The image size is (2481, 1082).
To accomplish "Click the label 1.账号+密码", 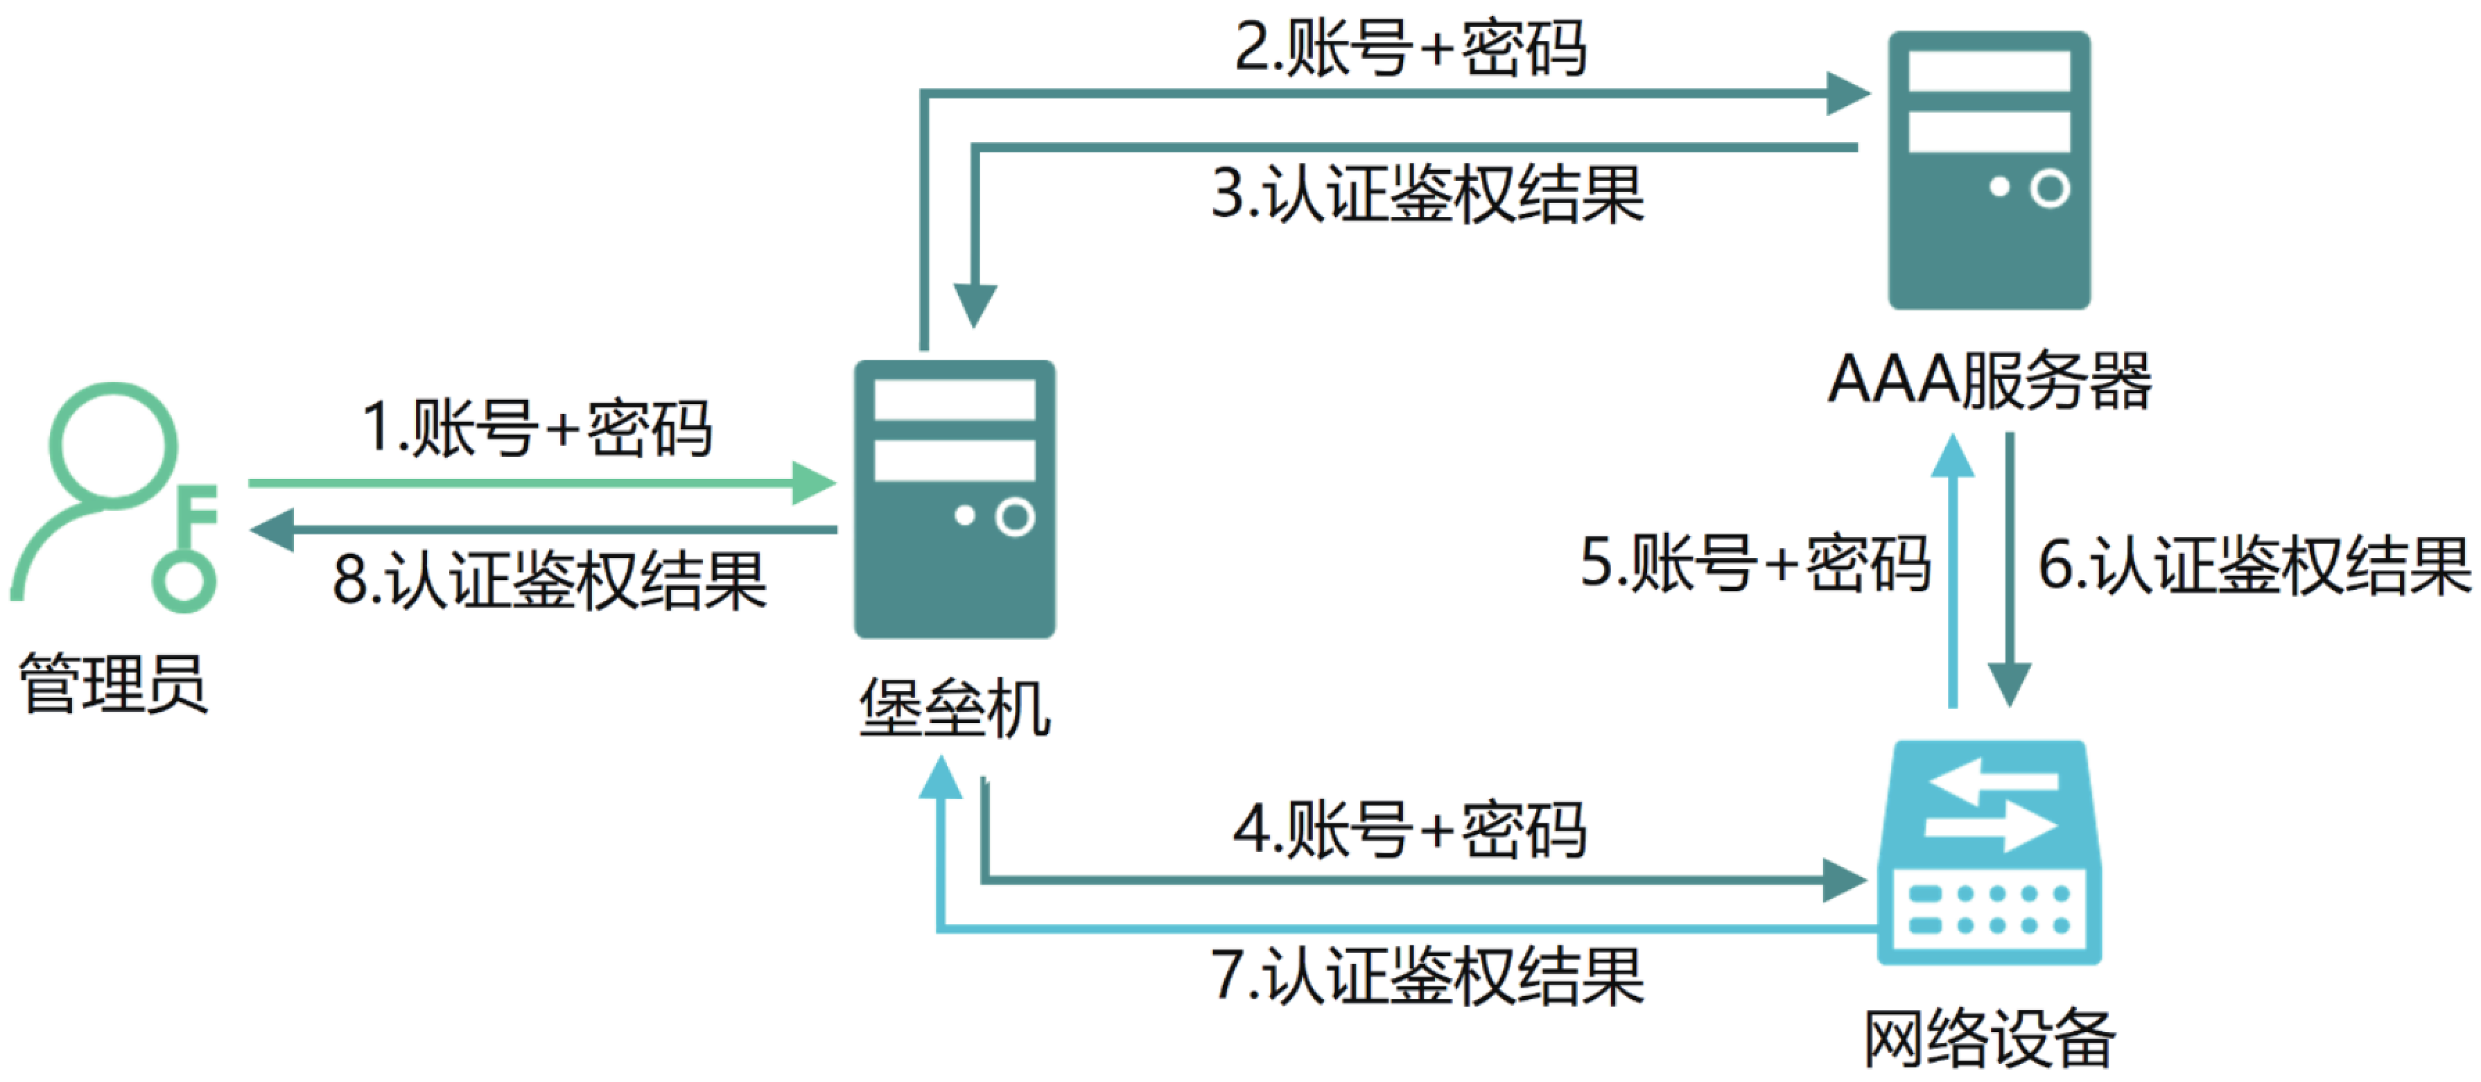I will [537, 428].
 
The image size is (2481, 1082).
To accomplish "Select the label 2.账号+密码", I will [1410, 48].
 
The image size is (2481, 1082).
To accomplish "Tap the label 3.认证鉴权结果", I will [1427, 195].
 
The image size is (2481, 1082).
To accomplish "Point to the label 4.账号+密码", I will [1409, 830].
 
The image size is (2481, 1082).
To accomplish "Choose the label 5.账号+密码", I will [1755, 564].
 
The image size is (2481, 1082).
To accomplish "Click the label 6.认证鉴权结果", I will [2254, 566].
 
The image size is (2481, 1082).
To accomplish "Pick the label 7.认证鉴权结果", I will [1427, 977].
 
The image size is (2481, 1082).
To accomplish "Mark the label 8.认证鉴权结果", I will [549, 580].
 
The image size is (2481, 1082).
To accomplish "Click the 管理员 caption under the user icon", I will [114, 683].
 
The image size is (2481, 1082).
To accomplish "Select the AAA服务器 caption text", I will [1989, 381].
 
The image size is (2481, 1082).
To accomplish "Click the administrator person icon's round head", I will [113, 445].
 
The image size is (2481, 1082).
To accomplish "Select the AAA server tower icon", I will [1989, 171].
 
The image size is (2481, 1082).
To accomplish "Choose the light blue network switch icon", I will [1989, 852].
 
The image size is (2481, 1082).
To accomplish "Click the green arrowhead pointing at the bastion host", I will [814, 483].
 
